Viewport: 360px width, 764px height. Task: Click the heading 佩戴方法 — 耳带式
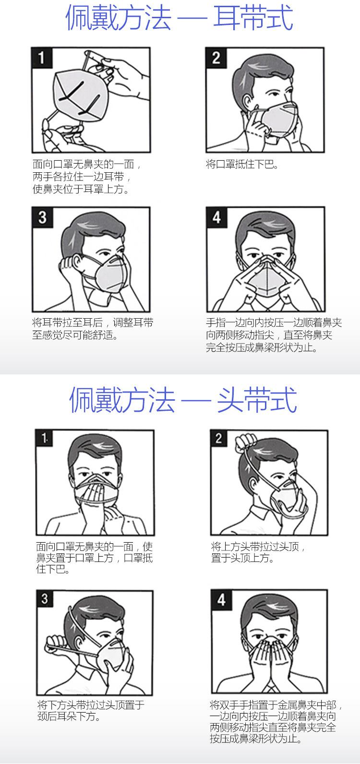click(x=180, y=17)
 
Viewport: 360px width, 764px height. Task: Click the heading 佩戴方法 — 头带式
click(x=183, y=400)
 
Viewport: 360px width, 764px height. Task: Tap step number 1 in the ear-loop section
click(x=42, y=57)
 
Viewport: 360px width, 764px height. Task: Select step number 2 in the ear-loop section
click(x=216, y=57)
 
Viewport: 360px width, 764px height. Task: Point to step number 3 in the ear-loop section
click(x=42, y=217)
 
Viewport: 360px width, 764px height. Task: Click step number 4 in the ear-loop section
click(x=216, y=217)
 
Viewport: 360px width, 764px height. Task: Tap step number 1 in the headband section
click(x=44, y=438)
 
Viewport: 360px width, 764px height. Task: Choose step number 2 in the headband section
click(x=219, y=438)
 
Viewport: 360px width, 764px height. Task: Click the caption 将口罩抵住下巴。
click(x=242, y=165)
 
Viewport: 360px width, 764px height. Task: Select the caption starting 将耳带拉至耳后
click(x=93, y=328)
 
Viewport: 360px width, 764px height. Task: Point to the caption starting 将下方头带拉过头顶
click(x=91, y=710)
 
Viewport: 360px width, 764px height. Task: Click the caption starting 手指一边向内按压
click(x=274, y=335)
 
